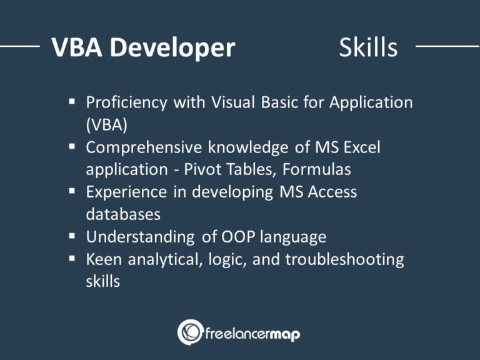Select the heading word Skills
[x=368, y=47]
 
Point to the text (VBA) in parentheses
[x=106, y=124]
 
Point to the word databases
[x=123, y=214]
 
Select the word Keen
[x=102, y=259]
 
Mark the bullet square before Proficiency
[x=72, y=101]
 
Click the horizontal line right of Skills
[x=446, y=46]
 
